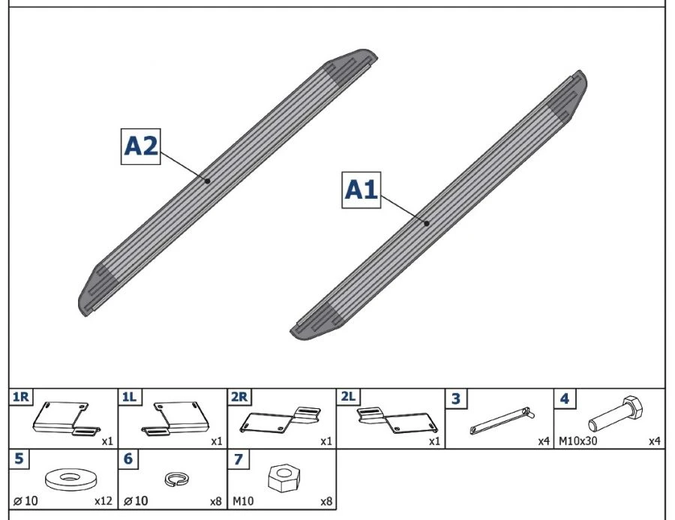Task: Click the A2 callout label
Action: pyautogui.click(x=141, y=146)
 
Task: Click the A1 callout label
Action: pyautogui.click(x=361, y=190)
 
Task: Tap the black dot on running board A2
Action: pyautogui.click(x=208, y=180)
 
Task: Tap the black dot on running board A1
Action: pyautogui.click(x=426, y=223)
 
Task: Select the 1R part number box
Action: pyautogui.click(x=20, y=397)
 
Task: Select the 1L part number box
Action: pyautogui.click(x=129, y=397)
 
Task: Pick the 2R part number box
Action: pyautogui.click(x=239, y=397)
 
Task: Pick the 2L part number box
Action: pyautogui.click(x=348, y=397)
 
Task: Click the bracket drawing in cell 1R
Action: pyautogui.click(x=65, y=419)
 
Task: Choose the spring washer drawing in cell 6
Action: pyautogui.click(x=175, y=477)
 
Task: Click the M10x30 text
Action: pyautogui.click(x=577, y=440)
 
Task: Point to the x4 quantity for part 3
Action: pyautogui.click(x=544, y=440)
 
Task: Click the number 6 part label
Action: pyautogui.click(x=128, y=458)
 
